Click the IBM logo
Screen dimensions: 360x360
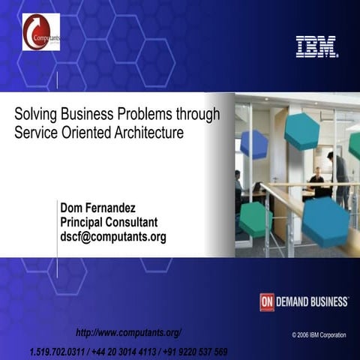pos(316,46)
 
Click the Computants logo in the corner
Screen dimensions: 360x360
pos(41,31)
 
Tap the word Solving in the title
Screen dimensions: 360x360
pos(35,115)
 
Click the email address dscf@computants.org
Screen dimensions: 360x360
pos(113,237)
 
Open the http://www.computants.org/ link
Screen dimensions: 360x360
pos(129,332)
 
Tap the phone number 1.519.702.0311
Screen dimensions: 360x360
pos(57,352)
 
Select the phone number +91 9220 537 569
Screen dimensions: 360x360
pos(191,352)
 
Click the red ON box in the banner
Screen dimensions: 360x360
pos(267,301)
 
